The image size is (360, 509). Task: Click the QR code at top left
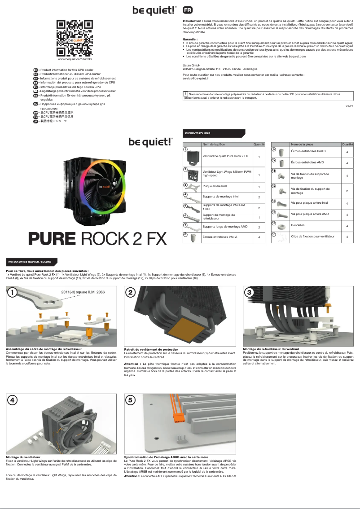click(75, 38)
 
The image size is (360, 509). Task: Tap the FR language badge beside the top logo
click(189, 10)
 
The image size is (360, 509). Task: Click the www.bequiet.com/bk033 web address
click(75, 59)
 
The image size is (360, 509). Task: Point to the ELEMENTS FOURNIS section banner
click(213, 133)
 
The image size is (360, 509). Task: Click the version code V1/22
click(349, 106)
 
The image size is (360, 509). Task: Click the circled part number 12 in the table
click(274, 186)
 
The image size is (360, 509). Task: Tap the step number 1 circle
click(13, 293)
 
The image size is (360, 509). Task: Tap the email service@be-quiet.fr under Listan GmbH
click(197, 78)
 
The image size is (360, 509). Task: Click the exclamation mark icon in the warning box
click(186, 94)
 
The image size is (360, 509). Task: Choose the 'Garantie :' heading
click(190, 39)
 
